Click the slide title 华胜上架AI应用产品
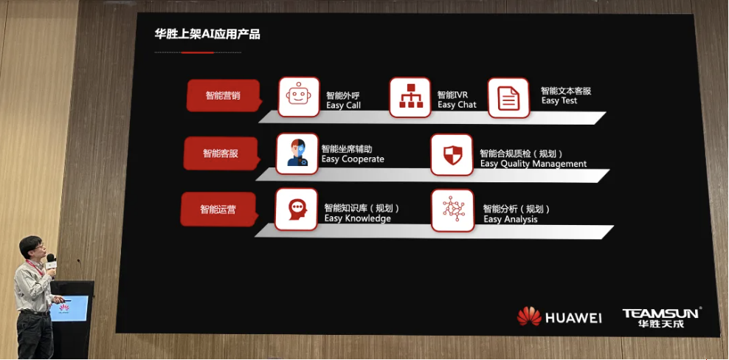207,34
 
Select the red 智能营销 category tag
223,96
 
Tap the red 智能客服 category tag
220,153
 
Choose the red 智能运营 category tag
218,210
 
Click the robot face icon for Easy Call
299,97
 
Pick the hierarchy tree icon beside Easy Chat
410,97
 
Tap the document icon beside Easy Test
508,98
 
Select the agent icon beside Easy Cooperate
297,154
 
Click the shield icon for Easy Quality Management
452,155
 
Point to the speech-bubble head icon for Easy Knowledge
296,210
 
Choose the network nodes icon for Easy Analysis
453,210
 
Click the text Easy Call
344,105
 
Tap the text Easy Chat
457,105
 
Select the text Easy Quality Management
533,164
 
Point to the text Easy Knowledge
358,218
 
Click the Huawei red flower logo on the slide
529,316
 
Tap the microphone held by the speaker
51,261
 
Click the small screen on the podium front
69,308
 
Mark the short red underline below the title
197,52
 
